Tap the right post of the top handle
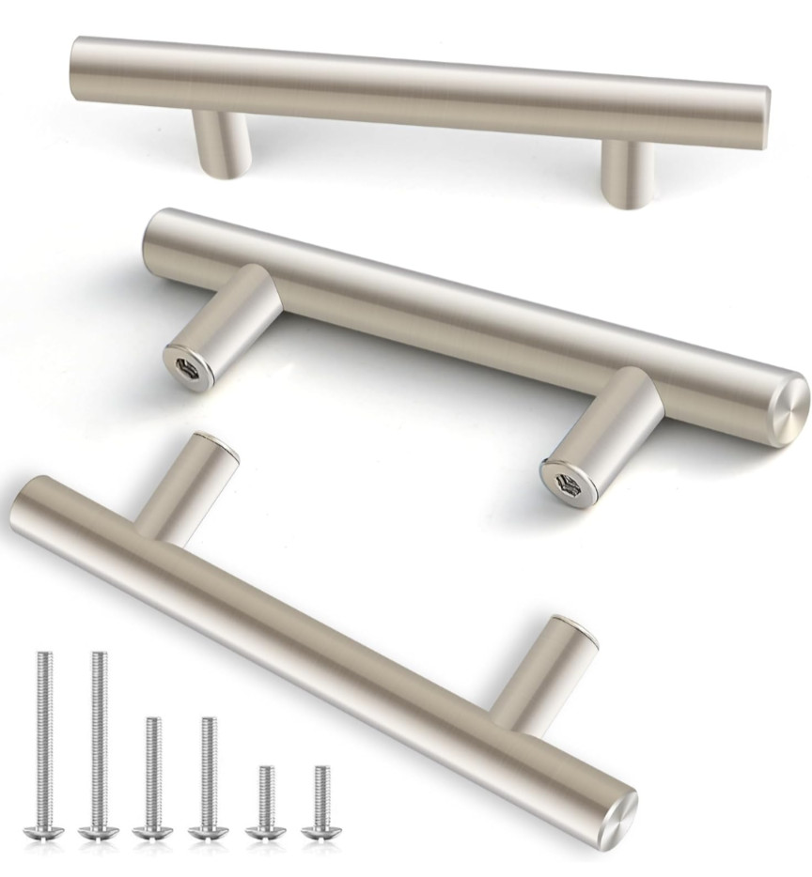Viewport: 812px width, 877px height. point(624,174)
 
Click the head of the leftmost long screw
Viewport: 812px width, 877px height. point(41,831)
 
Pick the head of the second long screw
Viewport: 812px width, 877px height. point(95,831)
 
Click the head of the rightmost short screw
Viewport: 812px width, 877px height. point(320,831)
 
